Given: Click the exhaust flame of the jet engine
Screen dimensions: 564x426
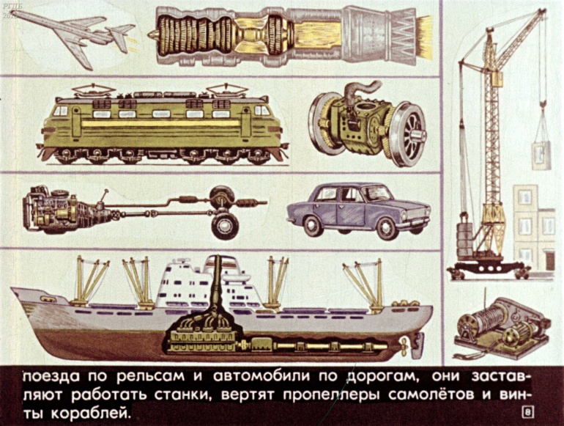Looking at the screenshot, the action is (x=423, y=37).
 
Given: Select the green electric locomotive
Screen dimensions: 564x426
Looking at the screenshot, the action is (x=163, y=124).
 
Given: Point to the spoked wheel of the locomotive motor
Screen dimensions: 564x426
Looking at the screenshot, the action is (x=410, y=134).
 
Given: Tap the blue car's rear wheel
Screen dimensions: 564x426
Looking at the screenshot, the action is (x=313, y=225).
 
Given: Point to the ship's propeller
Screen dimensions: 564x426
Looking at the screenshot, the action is (x=404, y=346).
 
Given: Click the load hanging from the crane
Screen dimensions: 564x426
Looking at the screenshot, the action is (x=541, y=155).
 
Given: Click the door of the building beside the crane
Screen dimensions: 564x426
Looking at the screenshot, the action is (x=549, y=261).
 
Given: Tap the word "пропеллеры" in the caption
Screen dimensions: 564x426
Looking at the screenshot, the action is (x=331, y=395).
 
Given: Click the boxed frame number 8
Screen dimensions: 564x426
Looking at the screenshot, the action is (x=527, y=413).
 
